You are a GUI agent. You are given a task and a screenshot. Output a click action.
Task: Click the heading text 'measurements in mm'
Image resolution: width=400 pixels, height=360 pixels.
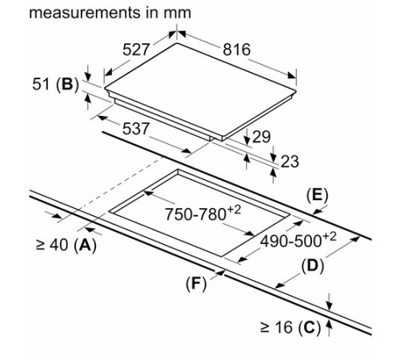point(110,13)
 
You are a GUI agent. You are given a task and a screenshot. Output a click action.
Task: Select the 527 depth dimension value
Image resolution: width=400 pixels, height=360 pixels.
point(135,50)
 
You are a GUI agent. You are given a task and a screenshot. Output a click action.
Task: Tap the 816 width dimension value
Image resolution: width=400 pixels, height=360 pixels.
point(237,50)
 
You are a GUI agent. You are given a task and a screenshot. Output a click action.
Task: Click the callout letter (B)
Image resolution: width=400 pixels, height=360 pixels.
point(67,85)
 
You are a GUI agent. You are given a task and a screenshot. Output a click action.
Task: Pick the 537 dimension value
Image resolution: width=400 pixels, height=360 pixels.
point(135,129)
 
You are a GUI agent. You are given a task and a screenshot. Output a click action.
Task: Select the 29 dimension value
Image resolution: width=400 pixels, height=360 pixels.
point(261,137)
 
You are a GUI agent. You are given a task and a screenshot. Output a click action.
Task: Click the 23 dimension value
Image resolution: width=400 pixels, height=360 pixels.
point(290,162)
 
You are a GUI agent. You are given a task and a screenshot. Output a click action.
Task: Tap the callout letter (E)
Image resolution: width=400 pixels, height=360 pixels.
point(317,195)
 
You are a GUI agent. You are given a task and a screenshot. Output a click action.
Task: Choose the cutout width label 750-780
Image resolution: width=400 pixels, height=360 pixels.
point(195,214)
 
